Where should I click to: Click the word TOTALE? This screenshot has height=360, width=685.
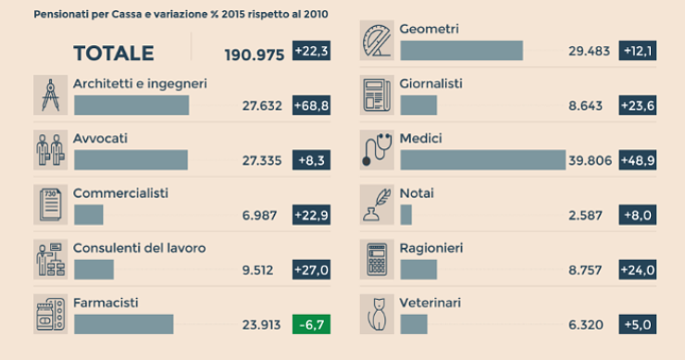tap(114, 55)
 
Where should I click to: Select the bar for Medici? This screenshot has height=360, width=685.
tap(482, 160)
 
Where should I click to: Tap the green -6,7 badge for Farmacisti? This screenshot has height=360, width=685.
tap(311, 324)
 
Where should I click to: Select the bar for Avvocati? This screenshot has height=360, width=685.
tap(130, 160)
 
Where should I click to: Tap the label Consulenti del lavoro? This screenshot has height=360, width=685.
tap(140, 248)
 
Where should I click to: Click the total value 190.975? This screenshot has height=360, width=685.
tap(254, 55)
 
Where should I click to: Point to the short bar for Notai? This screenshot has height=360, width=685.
tap(405, 215)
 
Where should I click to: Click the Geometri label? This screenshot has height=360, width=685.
tap(429, 29)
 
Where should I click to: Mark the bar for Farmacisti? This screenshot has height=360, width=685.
tap(123, 324)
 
